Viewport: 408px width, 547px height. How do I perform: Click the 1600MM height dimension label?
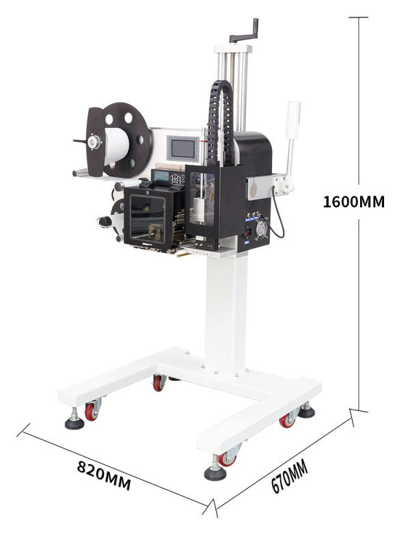(353, 202)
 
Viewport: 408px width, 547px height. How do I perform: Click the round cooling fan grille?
(260, 228)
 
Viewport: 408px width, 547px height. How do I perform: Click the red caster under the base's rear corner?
(159, 384)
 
